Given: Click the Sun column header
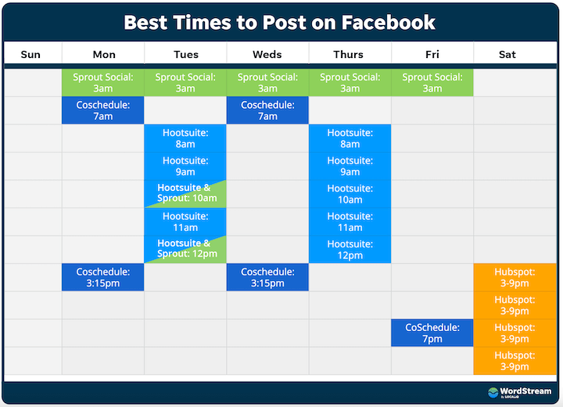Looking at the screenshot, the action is (x=30, y=54).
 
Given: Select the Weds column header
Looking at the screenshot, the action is (x=267, y=54).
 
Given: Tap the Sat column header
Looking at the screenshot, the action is (x=507, y=54).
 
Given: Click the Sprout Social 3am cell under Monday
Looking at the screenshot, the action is (x=103, y=83).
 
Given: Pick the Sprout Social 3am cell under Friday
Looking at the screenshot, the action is (x=432, y=83).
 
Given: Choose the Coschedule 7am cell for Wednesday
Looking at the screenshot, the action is (x=267, y=110).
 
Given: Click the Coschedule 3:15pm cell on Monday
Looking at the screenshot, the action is (x=103, y=277).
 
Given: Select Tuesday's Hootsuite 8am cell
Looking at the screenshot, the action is (x=185, y=139).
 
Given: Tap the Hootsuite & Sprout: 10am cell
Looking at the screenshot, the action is (x=185, y=194).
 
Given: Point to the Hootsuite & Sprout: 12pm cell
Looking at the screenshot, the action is (x=185, y=249).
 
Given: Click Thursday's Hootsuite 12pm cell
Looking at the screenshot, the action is (x=350, y=250).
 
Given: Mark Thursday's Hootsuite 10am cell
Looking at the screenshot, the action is (x=350, y=194).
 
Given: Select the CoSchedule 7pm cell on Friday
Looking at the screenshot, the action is (x=432, y=333).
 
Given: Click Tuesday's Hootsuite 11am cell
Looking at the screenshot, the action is (x=185, y=222).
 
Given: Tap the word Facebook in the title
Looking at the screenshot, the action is (x=388, y=22).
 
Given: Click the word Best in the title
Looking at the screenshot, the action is (x=145, y=22).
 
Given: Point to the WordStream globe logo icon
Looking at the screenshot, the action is (x=493, y=392).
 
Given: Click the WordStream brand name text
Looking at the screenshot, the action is (x=525, y=391).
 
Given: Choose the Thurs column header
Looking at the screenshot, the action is (x=348, y=54).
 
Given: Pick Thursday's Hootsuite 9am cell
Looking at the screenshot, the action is (x=350, y=166).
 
